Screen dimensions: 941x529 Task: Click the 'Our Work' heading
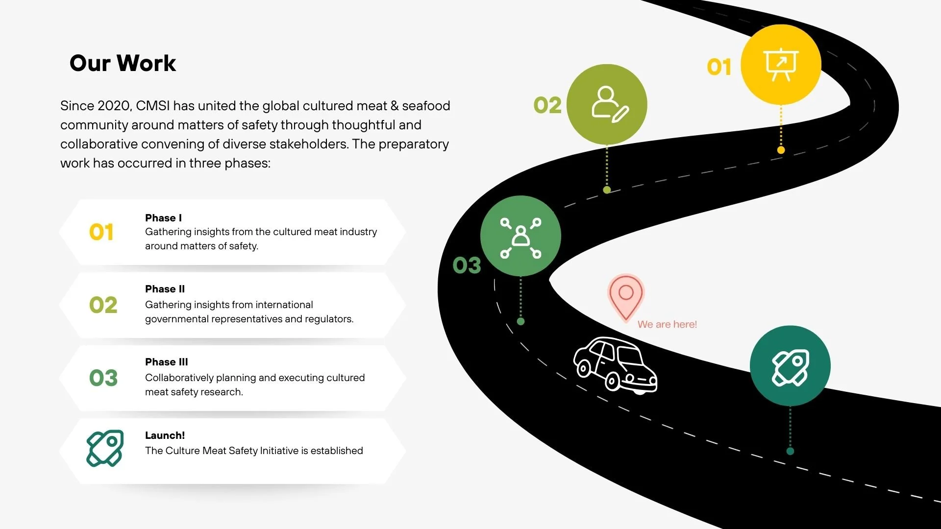[x=123, y=63]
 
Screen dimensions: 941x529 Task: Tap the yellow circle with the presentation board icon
[x=781, y=65]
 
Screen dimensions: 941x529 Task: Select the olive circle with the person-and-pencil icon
[x=607, y=104]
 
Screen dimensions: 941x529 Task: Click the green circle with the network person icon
[x=520, y=236]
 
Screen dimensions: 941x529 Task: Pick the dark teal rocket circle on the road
[x=790, y=366]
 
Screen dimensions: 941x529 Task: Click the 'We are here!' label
[x=667, y=324]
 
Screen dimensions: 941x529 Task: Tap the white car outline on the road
[x=615, y=364]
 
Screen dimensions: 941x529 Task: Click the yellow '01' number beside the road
[x=719, y=67]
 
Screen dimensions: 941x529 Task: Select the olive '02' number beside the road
[x=547, y=105]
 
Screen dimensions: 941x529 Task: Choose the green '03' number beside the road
[x=467, y=265]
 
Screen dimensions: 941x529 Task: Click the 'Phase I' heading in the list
[x=163, y=218]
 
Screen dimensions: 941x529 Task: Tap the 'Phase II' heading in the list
[x=165, y=289]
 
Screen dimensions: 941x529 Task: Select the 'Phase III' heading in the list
[x=166, y=362]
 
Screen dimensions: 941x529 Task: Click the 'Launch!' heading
[x=165, y=435]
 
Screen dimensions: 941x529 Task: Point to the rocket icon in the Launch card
[x=105, y=448]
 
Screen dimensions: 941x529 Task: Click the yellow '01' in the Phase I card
[x=101, y=232]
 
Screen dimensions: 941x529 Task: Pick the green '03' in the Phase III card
[x=103, y=378]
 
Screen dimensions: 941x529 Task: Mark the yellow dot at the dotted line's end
[x=781, y=150]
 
